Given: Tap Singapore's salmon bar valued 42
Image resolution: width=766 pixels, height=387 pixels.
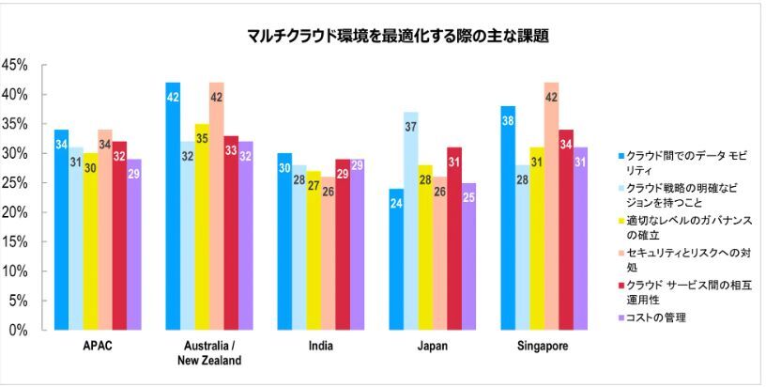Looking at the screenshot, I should [x=551, y=206].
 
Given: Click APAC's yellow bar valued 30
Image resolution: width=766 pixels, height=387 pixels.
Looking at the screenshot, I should [x=89, y=241].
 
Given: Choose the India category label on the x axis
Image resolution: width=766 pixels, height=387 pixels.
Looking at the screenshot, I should [x=320, y=346].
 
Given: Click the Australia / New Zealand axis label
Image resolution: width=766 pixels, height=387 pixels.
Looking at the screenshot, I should [x=208, y=353].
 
